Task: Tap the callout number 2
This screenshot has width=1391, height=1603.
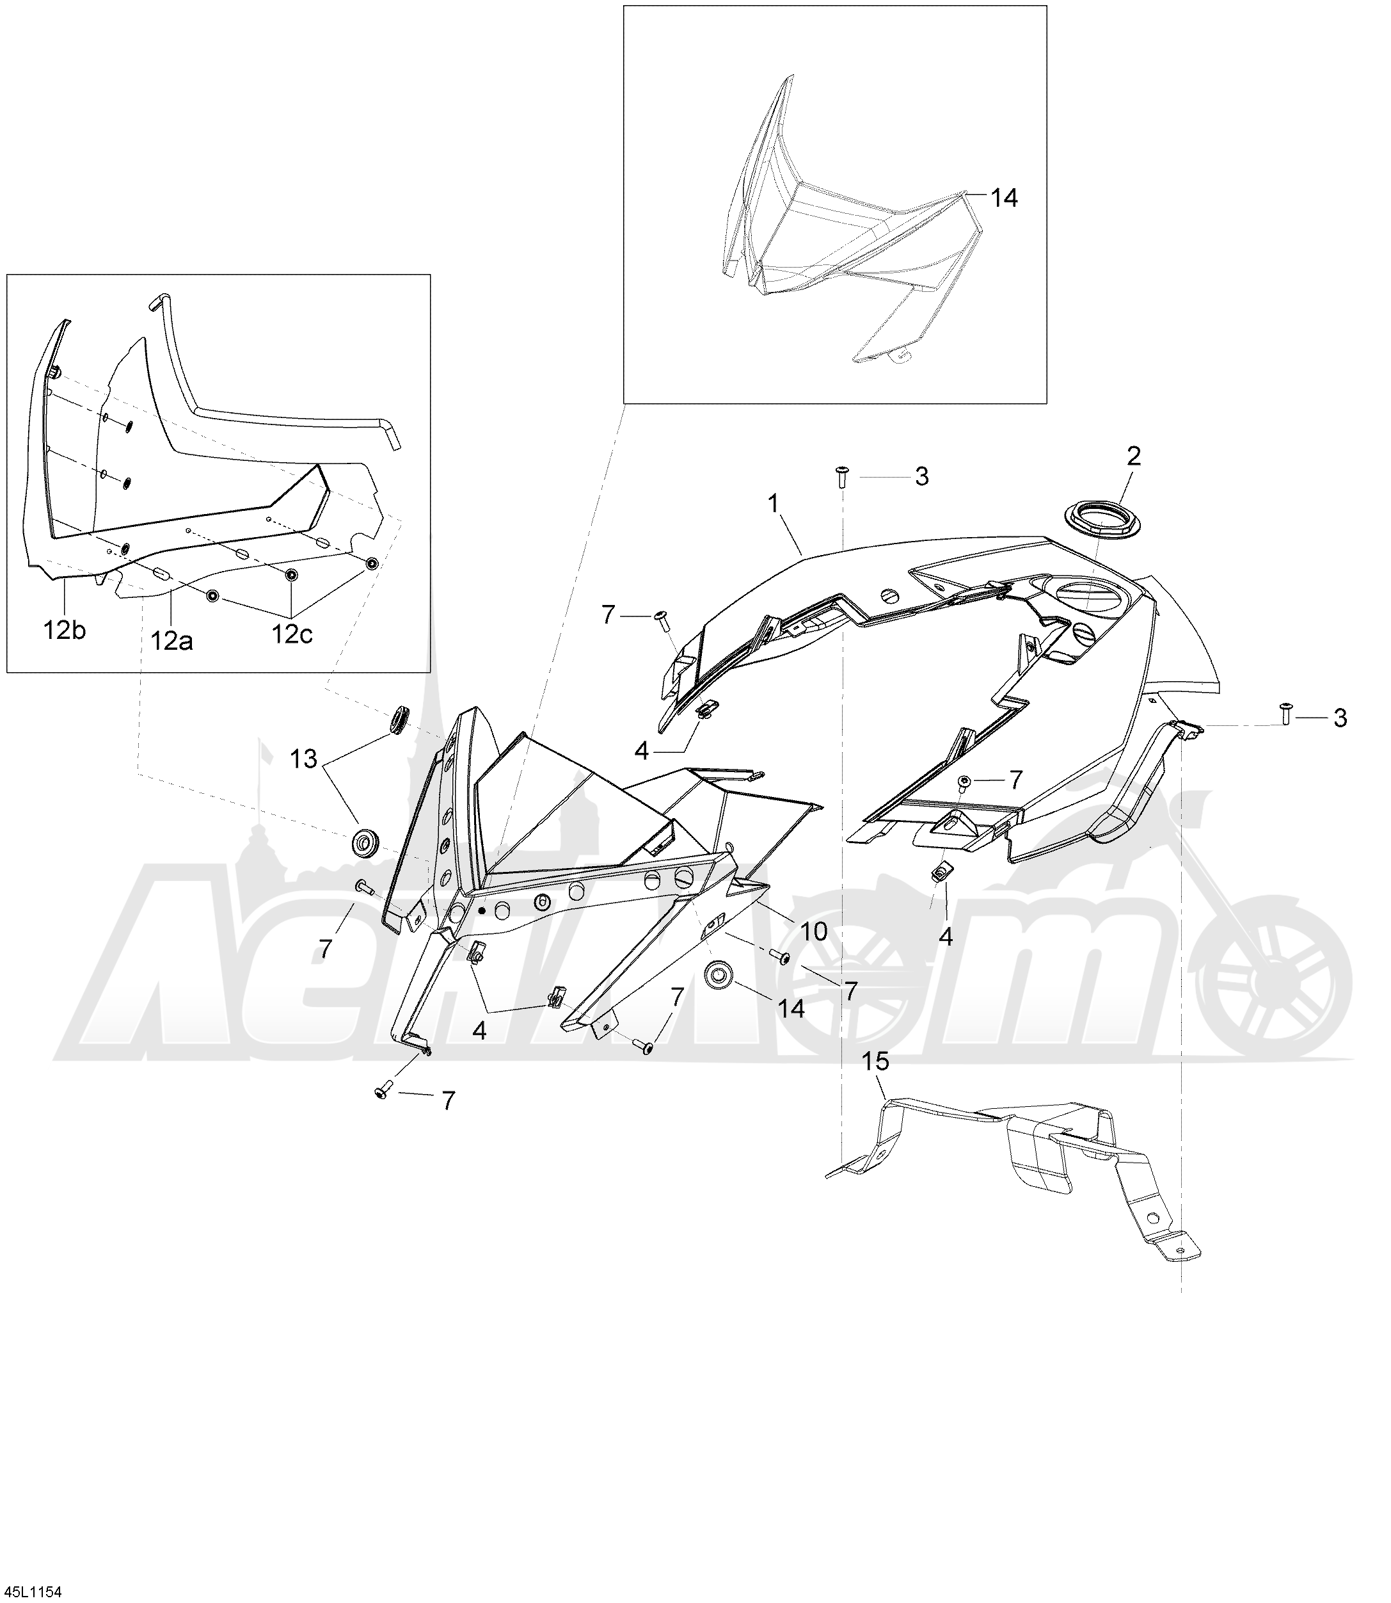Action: [1133, 456]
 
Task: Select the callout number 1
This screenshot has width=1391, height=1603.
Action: [773, 503]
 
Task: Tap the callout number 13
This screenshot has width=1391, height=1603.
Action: [303, 759]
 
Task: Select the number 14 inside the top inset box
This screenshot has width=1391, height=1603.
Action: [1004, 197]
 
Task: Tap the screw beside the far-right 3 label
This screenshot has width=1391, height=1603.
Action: [1285, 713]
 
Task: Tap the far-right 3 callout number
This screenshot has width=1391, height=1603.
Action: [1340, 718]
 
